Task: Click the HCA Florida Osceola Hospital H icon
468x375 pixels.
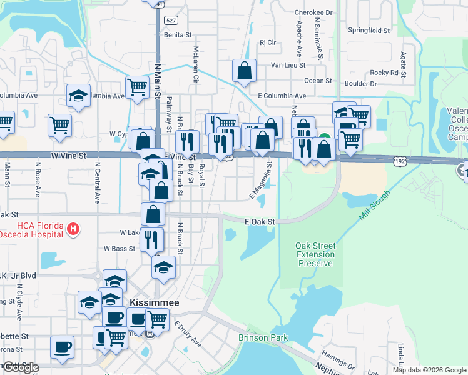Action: [x=73, y=229]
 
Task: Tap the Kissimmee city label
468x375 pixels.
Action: [x=154, y=302]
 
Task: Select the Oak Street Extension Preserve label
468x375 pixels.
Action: [x=315, y=254]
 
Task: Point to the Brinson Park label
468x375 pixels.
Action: [x=263, y=338]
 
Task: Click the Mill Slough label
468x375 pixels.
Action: [x=374, y=205]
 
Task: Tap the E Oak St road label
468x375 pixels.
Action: [x=260, y=222]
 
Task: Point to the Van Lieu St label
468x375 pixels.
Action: [x=288, y=64]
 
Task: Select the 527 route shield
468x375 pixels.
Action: [x=171, y=21]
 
